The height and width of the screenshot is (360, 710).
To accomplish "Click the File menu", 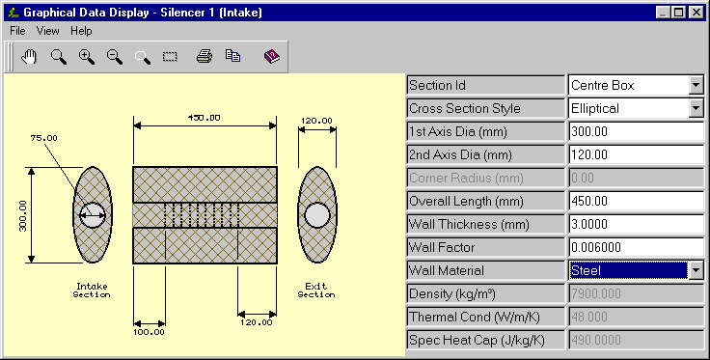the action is pos(17,31).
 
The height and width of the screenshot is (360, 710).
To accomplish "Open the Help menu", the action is pos(81,31).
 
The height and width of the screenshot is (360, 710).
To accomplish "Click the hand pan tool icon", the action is pos(29,57).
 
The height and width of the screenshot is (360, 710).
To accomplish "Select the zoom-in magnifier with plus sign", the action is pos(87,57).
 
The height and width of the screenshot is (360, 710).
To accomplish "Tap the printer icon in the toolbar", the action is pos(205,56).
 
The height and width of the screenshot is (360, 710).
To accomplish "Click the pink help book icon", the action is pos(272,56).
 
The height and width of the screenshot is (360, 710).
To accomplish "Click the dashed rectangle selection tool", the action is pos(170,57).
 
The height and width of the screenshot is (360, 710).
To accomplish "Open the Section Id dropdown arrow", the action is pos(696,85).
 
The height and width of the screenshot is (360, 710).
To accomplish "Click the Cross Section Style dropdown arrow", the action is pos(696,108).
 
